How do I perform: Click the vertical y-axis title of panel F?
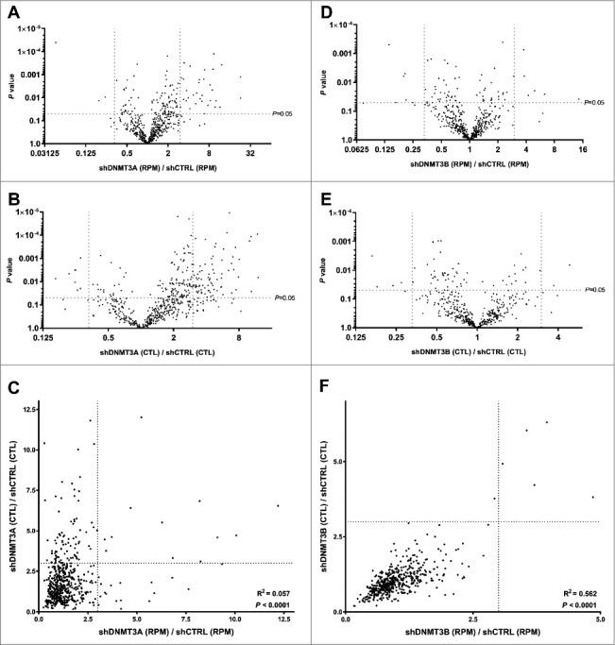coord(324,505)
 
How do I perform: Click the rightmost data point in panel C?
coord(278,506)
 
